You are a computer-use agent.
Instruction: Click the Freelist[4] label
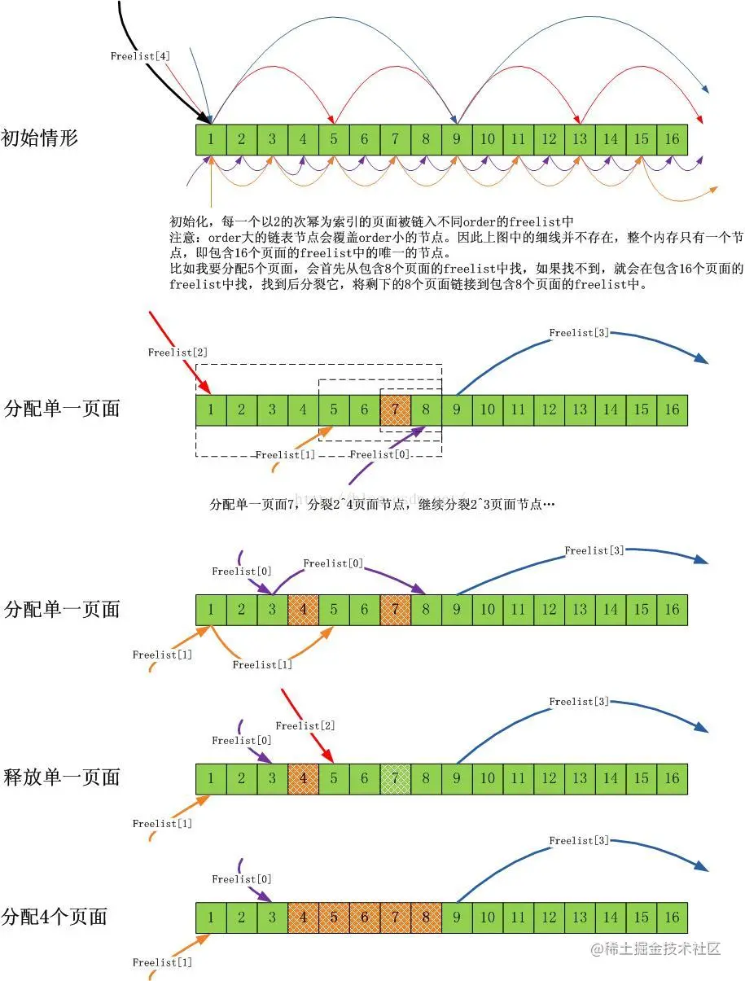click(140, 56)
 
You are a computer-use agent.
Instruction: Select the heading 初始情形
click(40, 138)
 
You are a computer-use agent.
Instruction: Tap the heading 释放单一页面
click(62, 777)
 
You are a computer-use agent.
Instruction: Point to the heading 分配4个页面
click(55, 916)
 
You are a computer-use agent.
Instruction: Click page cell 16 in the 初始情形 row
click(672, 139)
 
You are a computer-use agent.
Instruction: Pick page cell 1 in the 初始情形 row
click(211, 139)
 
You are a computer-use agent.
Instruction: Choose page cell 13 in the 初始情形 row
click(580, 139)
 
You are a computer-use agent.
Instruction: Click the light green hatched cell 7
click(395, 778)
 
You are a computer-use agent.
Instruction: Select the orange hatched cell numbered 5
click(334, 917)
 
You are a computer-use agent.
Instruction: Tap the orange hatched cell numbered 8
click(426, 917)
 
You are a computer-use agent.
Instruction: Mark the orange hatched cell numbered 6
click(365, 917)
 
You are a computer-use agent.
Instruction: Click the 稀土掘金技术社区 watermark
click(656, 949)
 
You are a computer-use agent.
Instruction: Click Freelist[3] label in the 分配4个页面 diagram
click(579, 841)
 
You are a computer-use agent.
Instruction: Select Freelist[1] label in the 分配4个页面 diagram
click(162, 963)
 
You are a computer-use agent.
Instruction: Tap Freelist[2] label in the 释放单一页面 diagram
click(305, 725)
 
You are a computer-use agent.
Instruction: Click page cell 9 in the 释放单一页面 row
click(457, 778)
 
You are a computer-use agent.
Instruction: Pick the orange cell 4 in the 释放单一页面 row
click(303, 778)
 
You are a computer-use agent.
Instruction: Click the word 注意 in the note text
click(182, 237)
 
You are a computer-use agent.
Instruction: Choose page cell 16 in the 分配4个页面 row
click(672, 917)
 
